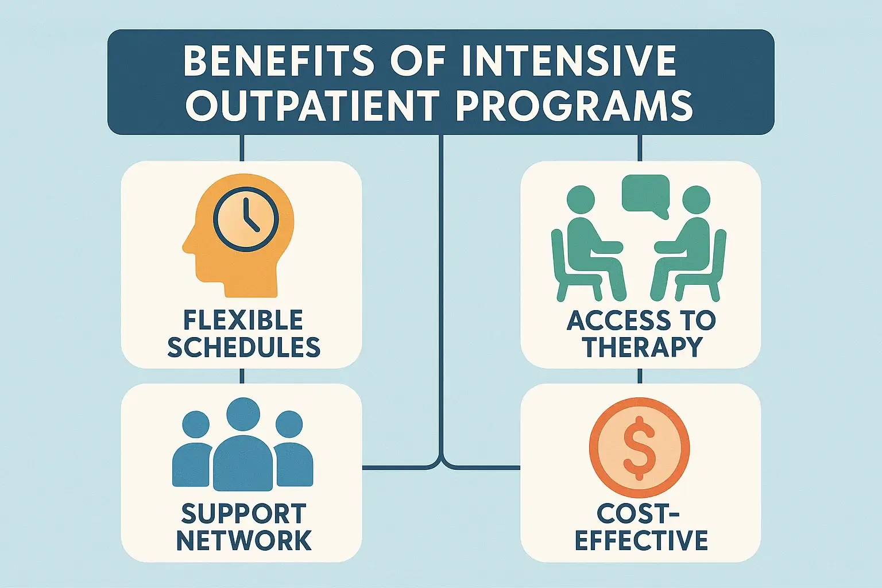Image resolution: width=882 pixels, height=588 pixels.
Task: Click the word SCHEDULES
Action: pyautogui.click(x=243, y=347)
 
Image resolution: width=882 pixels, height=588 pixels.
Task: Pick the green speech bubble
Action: pyautogui.click(x=646, y=195)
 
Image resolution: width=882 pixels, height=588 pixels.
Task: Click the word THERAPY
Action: pyautogui.click(x=643, y=347)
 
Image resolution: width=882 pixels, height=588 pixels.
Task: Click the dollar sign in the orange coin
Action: pyautogui.click(x=639, y=448)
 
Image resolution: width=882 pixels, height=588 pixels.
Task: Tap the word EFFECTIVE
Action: pyautogui.click(x=641, y=540)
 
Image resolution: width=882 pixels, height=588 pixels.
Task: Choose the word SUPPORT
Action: pyautogui.click(x=243, y=514)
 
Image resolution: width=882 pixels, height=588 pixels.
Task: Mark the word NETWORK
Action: pyautogui.click(x=243, y=540)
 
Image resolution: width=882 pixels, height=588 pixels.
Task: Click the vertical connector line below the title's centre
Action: pyautogui.click(x=441, y=287)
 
